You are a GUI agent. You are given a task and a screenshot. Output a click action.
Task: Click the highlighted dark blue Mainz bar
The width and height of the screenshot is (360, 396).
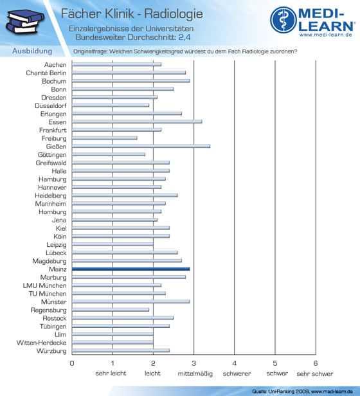[131, 269]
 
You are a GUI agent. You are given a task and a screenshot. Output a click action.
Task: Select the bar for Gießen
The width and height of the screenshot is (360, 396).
[141, 146]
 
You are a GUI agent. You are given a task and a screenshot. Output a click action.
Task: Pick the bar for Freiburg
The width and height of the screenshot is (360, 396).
[105, 138]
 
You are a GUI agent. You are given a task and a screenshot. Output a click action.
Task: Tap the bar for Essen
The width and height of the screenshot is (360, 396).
[137, 122]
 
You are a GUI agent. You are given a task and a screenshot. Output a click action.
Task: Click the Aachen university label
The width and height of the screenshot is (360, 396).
[55, 65]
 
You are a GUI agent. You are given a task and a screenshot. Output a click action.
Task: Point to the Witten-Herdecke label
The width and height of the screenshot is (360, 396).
[41, 343]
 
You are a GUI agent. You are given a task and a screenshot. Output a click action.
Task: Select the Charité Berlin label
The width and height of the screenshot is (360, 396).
[46, 73]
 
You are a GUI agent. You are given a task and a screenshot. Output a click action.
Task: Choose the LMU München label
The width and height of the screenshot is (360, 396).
[45, 285]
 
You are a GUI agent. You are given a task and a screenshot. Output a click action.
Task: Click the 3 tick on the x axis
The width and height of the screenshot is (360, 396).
[194, 363]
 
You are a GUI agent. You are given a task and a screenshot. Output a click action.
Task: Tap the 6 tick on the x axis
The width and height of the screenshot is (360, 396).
[316, 363]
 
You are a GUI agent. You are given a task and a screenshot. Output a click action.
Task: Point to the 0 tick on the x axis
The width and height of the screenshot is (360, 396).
[72, 363]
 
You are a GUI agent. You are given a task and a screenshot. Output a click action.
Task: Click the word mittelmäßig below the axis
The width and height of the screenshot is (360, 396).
[195, 373]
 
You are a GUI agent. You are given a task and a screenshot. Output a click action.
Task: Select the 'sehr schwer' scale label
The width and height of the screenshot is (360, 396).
[315, 373]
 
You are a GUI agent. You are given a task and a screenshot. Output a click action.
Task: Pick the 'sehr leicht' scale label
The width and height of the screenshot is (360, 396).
[111, 373]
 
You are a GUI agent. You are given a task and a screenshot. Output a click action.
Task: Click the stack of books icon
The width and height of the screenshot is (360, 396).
[25, 22]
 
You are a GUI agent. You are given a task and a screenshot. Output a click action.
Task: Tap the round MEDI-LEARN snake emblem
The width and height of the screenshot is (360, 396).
[283, 20]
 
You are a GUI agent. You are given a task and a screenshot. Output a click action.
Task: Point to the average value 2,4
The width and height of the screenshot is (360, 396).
[184, 37]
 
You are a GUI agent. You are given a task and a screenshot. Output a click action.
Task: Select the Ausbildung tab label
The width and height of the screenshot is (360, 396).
[32, 51]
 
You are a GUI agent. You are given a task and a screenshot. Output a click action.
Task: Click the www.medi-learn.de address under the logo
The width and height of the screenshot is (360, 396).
[326, 35]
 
